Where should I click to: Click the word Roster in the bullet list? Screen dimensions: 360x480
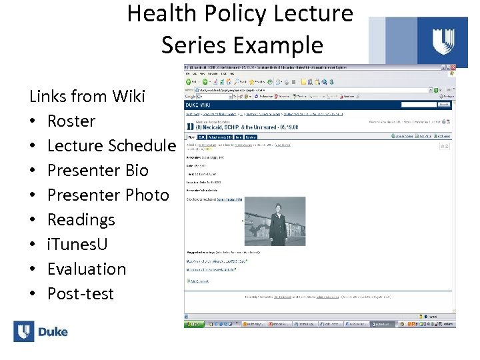coord(71,121)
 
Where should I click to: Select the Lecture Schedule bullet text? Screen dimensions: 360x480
coord(111,146)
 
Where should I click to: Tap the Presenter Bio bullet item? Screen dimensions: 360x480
coord(97,171)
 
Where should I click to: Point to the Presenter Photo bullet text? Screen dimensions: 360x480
coord(108,195)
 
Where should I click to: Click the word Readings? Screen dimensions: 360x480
coord(81,220)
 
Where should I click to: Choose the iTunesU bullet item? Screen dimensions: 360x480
coord(77,245)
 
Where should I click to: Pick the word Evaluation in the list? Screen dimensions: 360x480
coord(87,269)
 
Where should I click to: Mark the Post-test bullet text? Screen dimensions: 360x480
coord(81,294)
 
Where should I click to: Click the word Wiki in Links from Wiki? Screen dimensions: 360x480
coord(128,97)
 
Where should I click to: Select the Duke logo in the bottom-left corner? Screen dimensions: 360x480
coord(41,331)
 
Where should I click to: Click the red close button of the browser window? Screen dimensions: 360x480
coord(453,69)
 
